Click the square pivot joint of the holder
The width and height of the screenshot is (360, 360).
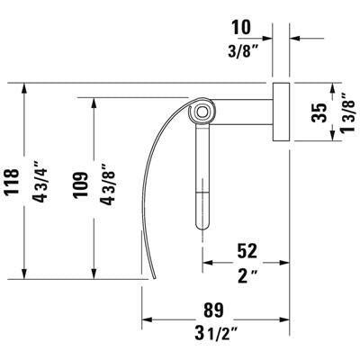tap(202, 112)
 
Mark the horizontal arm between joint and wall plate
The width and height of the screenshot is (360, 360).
tap(243, 112)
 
